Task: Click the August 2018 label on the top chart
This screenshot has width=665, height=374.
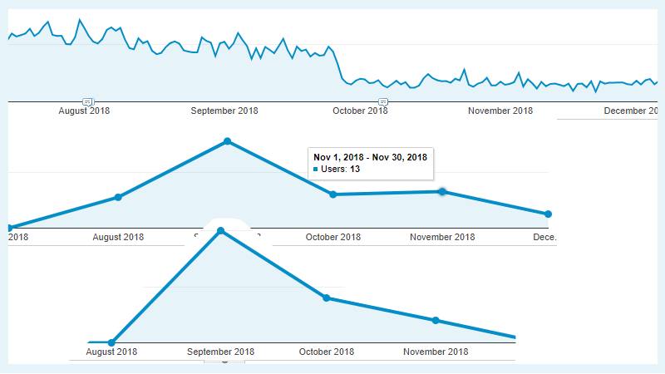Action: coord(84,111)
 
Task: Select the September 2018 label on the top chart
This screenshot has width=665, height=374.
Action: coord(224,111)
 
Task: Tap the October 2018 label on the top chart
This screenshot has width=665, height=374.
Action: coord(360,111)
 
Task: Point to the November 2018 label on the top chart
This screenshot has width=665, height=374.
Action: coord(500,111)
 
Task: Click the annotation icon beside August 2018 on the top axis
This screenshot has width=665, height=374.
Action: coord(87,101)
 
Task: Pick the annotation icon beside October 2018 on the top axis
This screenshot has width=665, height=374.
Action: coord(383,101)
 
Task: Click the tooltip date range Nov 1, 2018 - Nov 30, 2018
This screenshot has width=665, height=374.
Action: coord(370,156)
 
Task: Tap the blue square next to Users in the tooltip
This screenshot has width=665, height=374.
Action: coord(316,170)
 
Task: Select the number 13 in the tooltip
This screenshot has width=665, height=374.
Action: coord(354,170)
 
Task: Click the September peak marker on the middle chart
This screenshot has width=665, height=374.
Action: coord(227,141)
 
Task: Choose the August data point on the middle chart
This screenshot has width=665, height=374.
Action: coord(118,197)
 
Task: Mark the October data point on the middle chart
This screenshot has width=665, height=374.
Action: coord(332,194)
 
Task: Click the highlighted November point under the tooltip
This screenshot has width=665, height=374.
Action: coord(442,192)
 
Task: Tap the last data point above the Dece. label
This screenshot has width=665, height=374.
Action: coord(548,214)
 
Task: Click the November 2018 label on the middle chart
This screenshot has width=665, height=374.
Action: coord(442,237)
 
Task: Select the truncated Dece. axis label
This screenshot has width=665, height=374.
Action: coord(544,237)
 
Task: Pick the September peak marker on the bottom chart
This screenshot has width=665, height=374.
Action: coord(220,231)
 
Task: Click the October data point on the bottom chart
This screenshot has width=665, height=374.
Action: coord(327,298)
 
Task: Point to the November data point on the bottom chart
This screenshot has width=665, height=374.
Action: coord(435,320)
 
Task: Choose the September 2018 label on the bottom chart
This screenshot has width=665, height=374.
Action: coord(220,352)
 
